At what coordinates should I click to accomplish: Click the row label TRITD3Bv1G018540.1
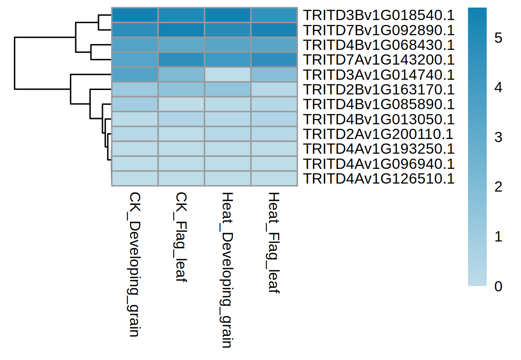coord(379,15)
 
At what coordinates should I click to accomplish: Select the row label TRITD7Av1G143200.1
coord(379,60)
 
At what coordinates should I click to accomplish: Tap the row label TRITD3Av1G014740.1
coord(379,74)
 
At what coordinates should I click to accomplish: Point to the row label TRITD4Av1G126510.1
coord(379,179)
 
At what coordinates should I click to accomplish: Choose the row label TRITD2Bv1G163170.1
coord(379,90)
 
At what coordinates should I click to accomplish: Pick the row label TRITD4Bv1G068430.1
coord(379,45)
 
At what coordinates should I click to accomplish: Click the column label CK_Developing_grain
coord(135,265)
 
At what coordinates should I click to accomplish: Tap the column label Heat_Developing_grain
coord(228,270)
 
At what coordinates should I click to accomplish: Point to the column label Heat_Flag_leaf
coord(274,243)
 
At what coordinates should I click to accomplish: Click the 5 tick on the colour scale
coord(498,38)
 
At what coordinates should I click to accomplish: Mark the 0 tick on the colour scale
coord(498,286)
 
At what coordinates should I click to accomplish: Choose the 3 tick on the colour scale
coord(498,137)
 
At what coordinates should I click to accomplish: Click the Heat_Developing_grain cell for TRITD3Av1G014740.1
coord(228,74)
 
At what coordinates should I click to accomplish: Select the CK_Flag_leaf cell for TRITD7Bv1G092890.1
coord(181,30)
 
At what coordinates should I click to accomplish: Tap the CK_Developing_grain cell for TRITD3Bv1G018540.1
coord(134,15)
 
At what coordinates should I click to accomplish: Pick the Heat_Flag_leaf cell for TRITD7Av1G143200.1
coord(274,60)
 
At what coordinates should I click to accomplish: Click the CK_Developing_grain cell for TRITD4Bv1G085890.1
coord(134,104)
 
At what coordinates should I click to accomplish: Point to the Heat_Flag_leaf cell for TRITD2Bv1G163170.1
coord(274,90)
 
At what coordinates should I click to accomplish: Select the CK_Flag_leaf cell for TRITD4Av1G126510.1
coord(181,179)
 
